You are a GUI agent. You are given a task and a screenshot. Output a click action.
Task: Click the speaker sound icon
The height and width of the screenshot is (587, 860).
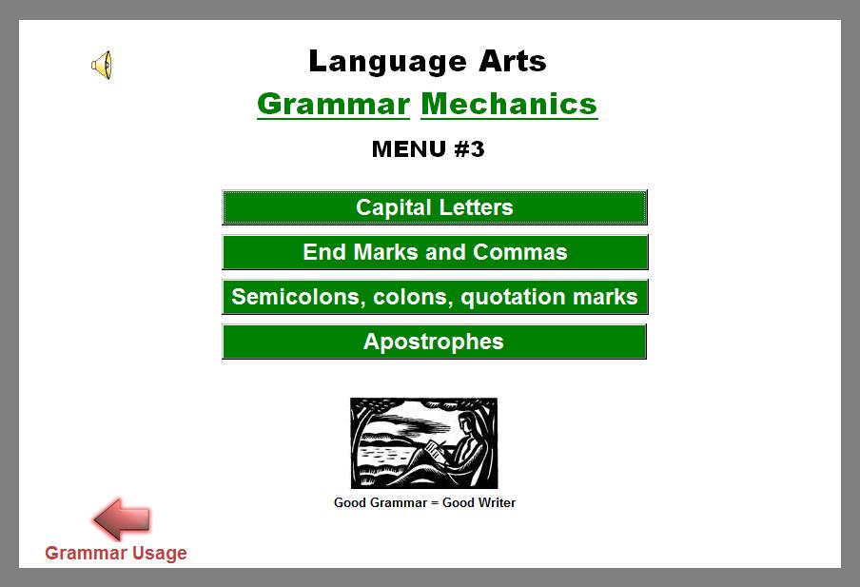click(x=102, y=65)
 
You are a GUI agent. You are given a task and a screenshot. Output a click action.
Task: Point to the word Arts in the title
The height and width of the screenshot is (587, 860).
click(x=512, y=61)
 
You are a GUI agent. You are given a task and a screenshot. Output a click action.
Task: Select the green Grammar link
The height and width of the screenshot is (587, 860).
click(x=334, y=105)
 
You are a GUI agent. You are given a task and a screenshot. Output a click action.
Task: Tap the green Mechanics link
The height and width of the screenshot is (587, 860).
click(x=510, y=105)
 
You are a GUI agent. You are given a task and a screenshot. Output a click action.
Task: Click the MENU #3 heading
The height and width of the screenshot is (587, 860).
click(x=428, y=149)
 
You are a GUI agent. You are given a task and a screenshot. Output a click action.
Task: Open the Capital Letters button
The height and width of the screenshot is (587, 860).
click(x=435, y=207)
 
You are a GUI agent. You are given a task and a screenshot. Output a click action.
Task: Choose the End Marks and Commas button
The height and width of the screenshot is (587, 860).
click(x=435, y=252)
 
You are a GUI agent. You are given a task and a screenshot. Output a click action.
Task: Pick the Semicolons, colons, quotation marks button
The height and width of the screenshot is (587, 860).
click(x=435, y=297)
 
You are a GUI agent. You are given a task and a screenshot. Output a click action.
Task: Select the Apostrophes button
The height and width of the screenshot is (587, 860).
click(x=435, y=342)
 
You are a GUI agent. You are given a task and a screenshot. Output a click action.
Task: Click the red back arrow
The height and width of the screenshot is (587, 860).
click(x=122, y=519)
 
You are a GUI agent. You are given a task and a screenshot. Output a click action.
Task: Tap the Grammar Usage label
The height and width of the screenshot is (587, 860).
click(x=116, y=553)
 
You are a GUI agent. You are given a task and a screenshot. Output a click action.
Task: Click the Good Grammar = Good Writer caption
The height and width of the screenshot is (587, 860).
click(x=424, y=502)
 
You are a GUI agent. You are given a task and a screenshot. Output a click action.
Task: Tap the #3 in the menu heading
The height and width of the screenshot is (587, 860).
click(x=470, y=149)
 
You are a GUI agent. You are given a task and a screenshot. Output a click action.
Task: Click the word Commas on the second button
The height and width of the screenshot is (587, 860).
click(x=520, y=252)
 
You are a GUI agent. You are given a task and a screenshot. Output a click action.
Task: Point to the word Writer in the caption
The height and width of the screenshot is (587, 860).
click(x=479, y=502)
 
